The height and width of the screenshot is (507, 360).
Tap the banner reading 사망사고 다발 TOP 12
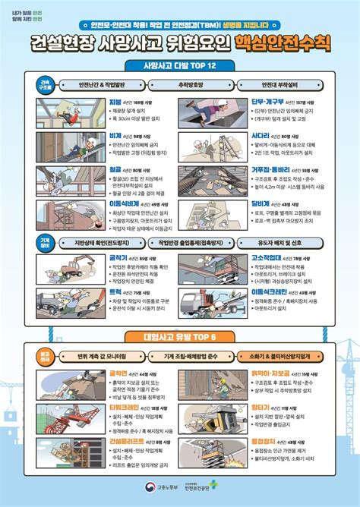pos(179,65)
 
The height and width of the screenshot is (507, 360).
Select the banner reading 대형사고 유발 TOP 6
pos(179,335)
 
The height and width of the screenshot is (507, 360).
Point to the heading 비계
pos(115,136)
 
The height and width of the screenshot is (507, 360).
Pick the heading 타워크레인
pos(123,407)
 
